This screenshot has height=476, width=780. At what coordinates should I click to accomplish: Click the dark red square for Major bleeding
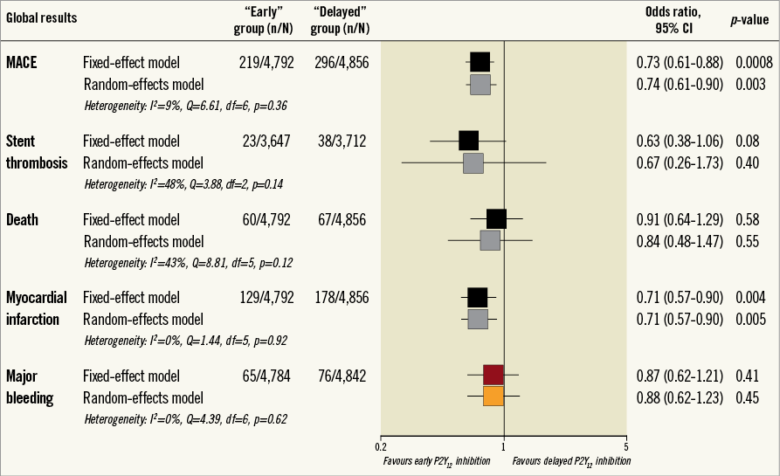click(494, 375)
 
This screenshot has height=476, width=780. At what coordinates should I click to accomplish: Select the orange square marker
click(494, 396)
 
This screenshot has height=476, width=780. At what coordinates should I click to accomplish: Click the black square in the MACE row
click(480, 62)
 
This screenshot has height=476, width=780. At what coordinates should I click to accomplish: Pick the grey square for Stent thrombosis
click(473, 162)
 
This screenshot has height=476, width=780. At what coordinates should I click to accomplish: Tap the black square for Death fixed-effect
click(496, 219)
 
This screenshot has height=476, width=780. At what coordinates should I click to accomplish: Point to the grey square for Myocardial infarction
click(478, 319)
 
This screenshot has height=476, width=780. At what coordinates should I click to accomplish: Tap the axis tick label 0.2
click(381, 445)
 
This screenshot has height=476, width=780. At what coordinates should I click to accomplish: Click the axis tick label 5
click(626, 445)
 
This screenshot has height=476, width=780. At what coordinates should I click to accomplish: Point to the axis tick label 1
click(504, 445)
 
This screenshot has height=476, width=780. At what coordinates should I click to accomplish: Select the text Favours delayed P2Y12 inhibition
click(571, 459)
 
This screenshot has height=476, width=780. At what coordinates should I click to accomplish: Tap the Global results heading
click(41, 17)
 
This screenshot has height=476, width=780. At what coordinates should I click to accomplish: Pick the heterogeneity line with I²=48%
click(183, 184)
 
